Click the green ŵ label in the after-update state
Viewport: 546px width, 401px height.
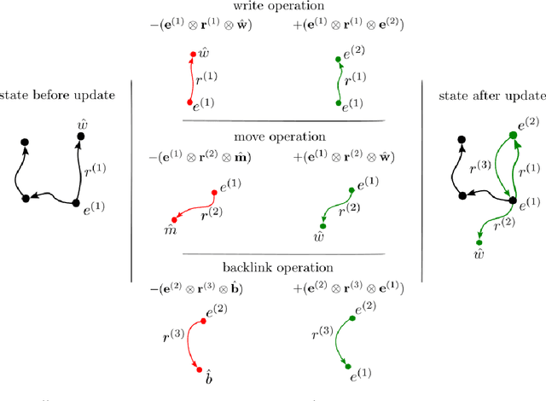479,254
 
